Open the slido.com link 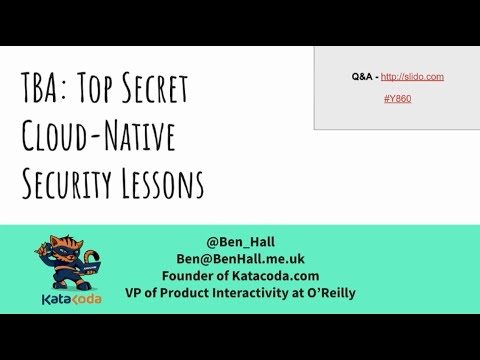[412, 76]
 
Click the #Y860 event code [397, 99]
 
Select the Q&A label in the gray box [363, 76]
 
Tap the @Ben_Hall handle [240, 241]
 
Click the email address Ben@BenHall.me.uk [240, 258]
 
